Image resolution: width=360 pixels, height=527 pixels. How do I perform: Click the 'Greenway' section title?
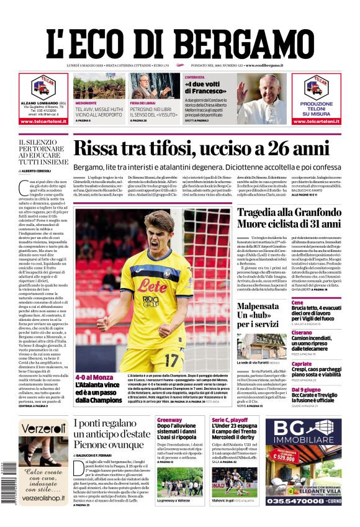pyautogui.click(x=169, y=420)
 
